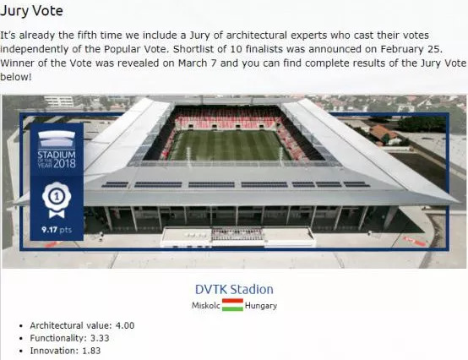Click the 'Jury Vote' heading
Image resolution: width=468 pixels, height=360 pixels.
point(31,11)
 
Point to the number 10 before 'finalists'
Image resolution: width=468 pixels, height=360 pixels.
point(236,49)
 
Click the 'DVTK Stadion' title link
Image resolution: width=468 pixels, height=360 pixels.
point(234,289)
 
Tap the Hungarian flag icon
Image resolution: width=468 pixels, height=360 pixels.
point(232,305)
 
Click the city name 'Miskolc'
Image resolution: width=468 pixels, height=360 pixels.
point(205,305)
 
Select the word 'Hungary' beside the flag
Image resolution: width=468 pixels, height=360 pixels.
point(261,306)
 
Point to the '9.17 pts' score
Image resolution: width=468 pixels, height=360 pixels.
point(57,230)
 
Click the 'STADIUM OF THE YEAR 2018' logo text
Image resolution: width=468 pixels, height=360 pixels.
point(57,159)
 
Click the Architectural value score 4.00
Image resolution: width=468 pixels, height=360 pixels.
point(125,325)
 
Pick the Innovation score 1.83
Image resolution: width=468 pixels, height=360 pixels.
point(91,351)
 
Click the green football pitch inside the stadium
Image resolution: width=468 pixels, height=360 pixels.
point(228,145)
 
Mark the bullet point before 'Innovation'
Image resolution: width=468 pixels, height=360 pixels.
point(20,352)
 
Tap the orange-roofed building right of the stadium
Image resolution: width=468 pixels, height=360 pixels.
point(384,134)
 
